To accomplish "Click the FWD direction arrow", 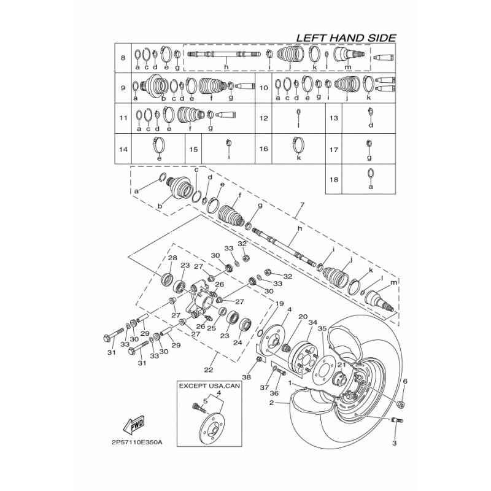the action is [134, 425].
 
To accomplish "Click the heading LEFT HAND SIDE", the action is [346, 38].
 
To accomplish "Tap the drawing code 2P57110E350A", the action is [137, 443].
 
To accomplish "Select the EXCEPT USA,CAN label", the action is [209, 386].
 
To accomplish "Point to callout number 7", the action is [302, 205].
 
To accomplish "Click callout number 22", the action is [209, 370].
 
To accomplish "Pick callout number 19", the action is [279, 303].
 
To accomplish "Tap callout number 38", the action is [247, 377].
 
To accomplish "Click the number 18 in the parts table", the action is [334, 179].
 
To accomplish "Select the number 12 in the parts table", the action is [264, 118].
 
